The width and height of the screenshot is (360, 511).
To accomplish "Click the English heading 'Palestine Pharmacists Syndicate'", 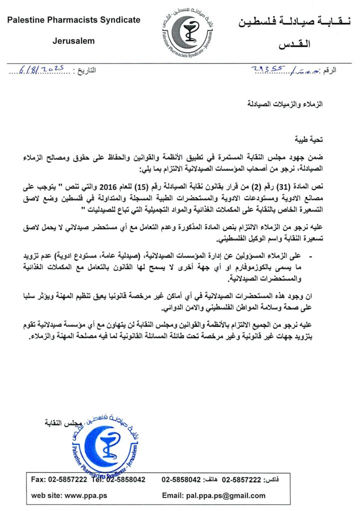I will click(73, 20).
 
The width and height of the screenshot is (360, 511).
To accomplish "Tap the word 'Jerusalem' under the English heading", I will click(73, 41).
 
